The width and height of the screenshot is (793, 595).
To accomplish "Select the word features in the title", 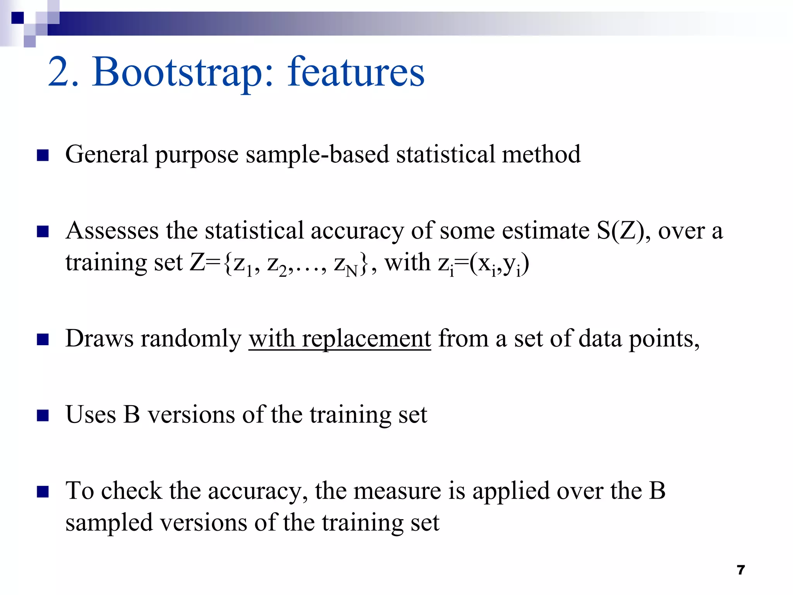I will (356, 72).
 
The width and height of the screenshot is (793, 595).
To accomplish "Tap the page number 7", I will (741, 570).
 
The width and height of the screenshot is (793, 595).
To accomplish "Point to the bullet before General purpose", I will (43, 156).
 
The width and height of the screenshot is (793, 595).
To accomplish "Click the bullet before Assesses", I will (43, 232).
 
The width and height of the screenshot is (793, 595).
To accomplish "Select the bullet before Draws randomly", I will (43, 340).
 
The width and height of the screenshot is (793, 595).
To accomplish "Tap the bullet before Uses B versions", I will (43, 416).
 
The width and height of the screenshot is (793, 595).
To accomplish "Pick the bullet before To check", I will (43, 492).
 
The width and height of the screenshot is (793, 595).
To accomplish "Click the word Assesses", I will (112, 231).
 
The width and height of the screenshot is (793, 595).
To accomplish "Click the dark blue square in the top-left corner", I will (18, 18).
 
